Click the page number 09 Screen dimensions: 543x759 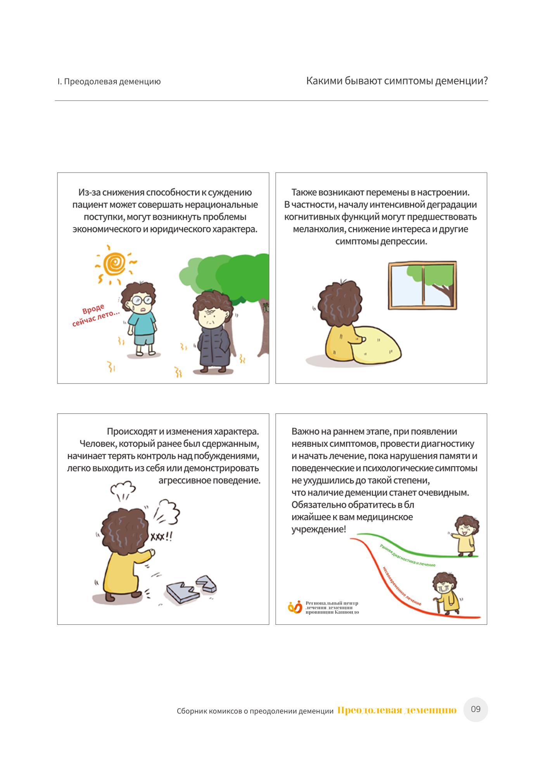tap(476, 709)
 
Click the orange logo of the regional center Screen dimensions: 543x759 tap(295, 607)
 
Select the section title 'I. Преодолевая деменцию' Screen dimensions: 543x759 tap(109, 82)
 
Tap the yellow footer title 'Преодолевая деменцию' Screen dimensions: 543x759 tap(397, 710)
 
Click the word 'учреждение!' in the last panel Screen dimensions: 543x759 tap(318, 529)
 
